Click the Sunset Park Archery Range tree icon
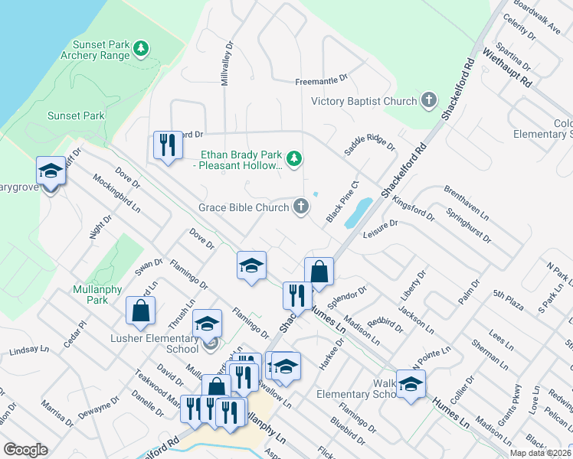(140, 50)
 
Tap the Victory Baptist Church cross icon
(428, 100)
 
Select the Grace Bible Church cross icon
(302, 206)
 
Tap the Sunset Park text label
(76, 116)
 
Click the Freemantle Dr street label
(322, 80)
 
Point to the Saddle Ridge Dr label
(369, 142)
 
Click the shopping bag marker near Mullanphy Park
(140, 311)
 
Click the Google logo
(26, 451)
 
